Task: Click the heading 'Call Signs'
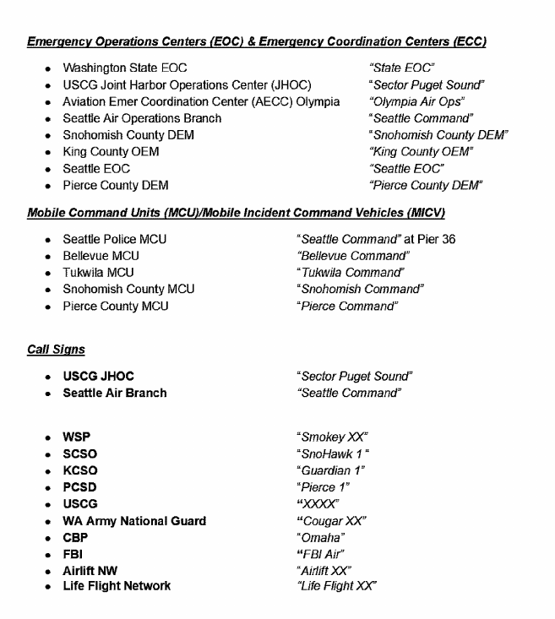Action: pyautogui.click(x=55, y=348)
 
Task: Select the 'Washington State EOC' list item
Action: pyautogui.click(x=125, y=68)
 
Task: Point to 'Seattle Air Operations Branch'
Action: pyautogui.click(x=142, y=118)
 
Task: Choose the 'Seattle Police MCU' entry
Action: pyautogui.click(x=115, y=239)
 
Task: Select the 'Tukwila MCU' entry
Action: pyautogui.click(x=98, y=273)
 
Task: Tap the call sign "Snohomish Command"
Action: pyautogui.click(x=360, y=289)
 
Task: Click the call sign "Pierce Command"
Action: pyautogui.click(x=347, y=306)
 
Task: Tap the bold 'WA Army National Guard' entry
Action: pyautogui.click(x=134, y=521)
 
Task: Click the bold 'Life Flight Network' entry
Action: pyautogui.click(x=117, y=586)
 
